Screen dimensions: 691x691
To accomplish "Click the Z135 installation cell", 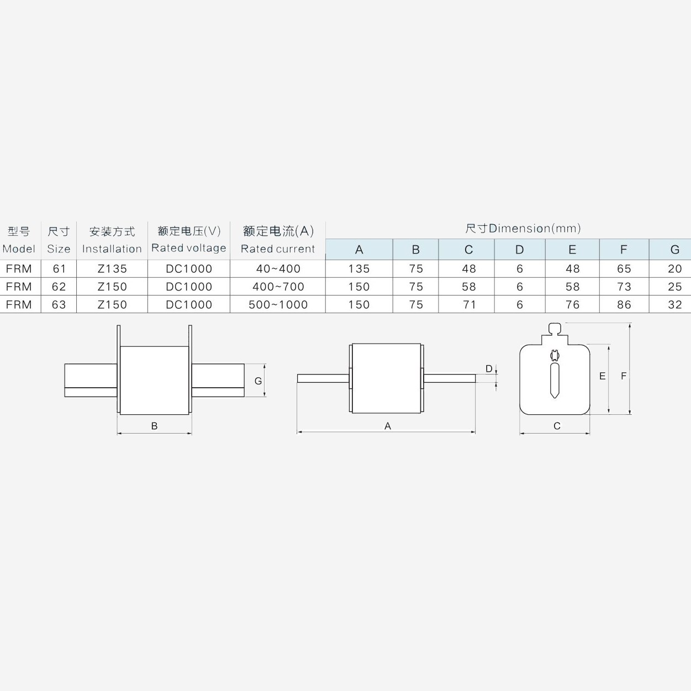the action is click(x=112, y=268).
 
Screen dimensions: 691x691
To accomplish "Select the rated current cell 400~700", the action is click(x=278, y=287).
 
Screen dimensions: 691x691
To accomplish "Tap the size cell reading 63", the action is click(x=59, y=304).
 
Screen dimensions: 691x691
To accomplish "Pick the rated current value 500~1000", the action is click(x=278, y=304).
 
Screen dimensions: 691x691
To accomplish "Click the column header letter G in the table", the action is click(x=675, y=250).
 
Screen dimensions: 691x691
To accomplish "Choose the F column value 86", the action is click(x=624, y=304).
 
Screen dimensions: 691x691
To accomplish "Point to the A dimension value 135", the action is click(x=359, y=268).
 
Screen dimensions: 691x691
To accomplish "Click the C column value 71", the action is click(x=469, y=304).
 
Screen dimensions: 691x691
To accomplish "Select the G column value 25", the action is click(x=675, y=287).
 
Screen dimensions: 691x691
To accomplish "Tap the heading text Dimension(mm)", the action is click(x=535, y=229).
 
